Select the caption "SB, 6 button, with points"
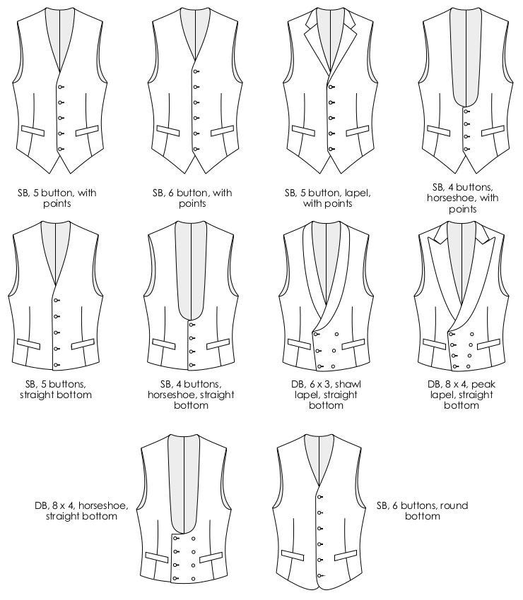[x=192, y=198]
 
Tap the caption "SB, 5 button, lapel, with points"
[x=327, y=198]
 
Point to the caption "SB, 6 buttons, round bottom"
[x=422, y=510]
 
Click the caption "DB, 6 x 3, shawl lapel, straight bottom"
[x=327, y=395]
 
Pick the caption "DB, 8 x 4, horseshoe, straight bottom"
[x=76, y=510]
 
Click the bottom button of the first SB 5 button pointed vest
[x=61, y=149]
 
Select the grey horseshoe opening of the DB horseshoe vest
[x=184, y=487]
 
